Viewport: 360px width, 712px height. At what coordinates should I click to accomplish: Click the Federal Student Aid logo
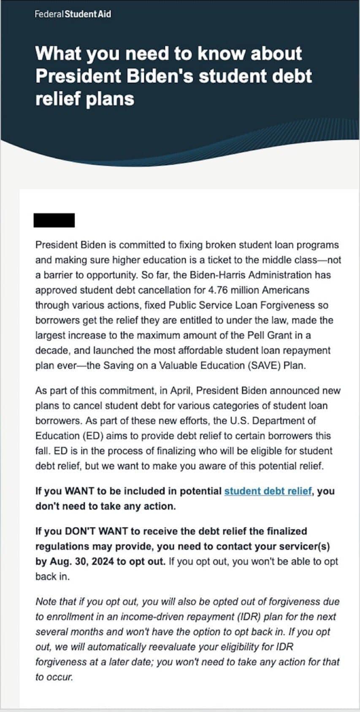73,14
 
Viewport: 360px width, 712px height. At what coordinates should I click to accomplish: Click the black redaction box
54,220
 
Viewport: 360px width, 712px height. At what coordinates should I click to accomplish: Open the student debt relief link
268,491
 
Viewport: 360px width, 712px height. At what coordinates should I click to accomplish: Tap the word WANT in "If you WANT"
79,491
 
